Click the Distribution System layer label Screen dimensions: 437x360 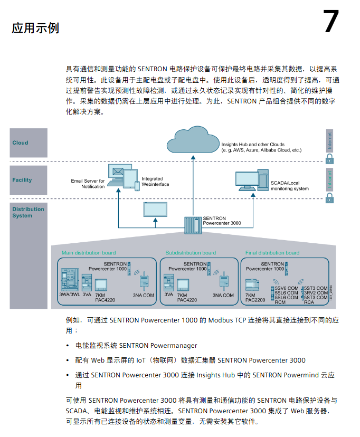(x=28, y=212)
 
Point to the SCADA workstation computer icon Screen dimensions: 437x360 (x=251, y=179)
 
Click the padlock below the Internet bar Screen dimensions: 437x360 (x=329, y=159)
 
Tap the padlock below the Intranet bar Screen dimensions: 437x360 (x=329, y=198)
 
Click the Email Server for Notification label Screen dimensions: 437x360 (x=88, y=184)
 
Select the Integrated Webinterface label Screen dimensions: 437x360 (x=152, y=182)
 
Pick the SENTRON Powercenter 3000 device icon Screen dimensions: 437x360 (x=193, y=225)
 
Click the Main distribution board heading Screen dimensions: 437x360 (x=89, y=253)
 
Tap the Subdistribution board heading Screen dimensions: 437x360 (x=191, y=253)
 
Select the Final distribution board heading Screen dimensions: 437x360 (x=272, y=253)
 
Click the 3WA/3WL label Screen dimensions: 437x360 (x=69, y=295)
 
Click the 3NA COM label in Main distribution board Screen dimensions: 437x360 (x=143, y=295)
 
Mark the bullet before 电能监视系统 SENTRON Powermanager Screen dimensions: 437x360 (x=68, y=346)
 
